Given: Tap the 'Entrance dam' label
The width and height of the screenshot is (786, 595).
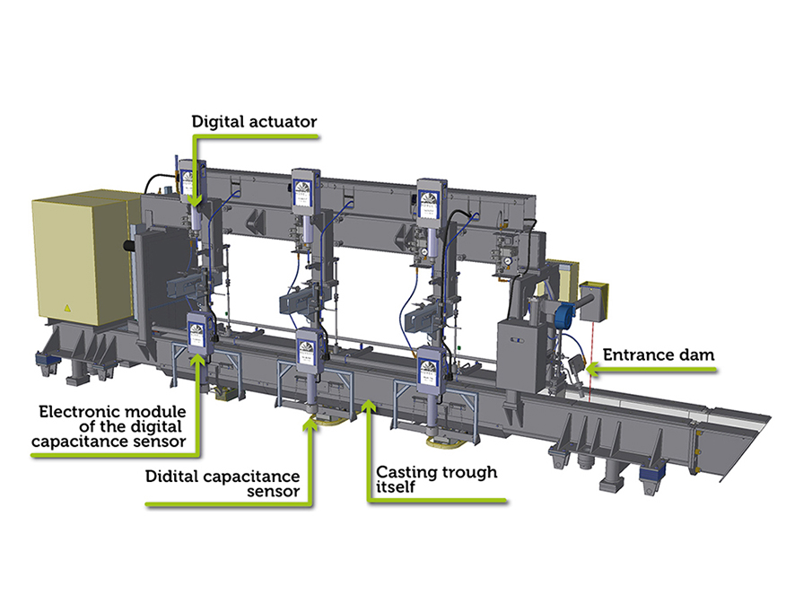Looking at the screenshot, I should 659,354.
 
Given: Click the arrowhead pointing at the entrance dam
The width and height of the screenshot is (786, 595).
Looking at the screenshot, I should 585,364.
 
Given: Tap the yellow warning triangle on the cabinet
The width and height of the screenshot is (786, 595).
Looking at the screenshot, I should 65,307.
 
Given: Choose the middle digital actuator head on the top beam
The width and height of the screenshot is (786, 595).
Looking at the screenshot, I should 304,192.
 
